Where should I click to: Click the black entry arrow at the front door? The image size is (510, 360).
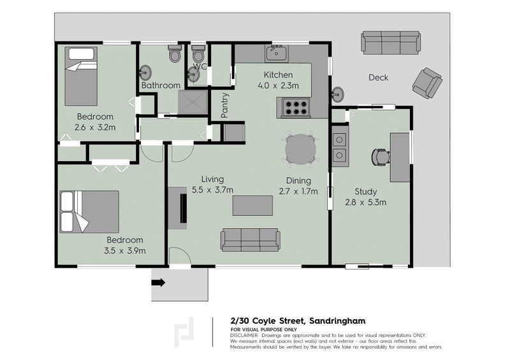158,283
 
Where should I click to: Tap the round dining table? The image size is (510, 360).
300,149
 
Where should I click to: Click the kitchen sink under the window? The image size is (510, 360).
277,54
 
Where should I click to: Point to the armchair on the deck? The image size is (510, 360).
427,83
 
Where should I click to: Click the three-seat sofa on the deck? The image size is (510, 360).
391,43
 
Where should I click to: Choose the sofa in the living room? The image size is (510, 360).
251,240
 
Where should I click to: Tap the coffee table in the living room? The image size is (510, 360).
252,206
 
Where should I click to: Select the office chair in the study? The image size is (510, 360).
381,157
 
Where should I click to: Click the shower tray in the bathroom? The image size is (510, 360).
193,102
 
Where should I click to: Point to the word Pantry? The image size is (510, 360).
224,105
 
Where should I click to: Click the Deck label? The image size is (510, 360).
378,77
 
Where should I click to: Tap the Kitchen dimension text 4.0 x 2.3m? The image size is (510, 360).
278,85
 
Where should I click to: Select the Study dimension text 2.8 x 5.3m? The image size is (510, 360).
365,202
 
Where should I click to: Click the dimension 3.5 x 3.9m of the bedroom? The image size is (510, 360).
125,251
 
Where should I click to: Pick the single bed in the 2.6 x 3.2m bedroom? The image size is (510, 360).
81,76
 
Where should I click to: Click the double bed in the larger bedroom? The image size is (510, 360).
89,212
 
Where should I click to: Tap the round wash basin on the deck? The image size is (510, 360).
337,94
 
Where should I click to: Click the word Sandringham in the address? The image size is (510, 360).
337,321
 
